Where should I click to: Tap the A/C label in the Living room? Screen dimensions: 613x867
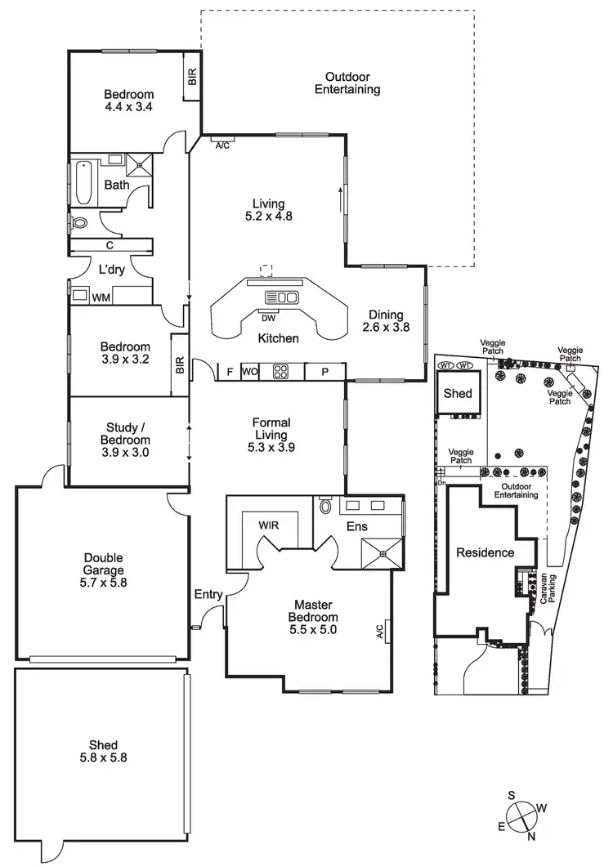tap(222, 145)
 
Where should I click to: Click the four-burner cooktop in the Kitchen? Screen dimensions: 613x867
tap(281, 372)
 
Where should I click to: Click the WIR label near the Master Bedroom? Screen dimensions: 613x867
tap(269, 524)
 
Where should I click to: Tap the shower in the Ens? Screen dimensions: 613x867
tap(381, 554)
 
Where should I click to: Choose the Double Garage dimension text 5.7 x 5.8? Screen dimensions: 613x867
tap(103, 583)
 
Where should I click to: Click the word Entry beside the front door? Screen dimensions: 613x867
tap(208, 594)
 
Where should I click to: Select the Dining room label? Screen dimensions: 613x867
tap(386, 315)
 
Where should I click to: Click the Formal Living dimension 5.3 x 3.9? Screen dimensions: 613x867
tap(271, 447)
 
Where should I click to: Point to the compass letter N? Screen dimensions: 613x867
tap(532, 836)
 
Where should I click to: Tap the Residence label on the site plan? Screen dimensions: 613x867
tap(485, 552)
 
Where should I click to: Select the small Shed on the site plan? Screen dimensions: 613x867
tap(458, 393)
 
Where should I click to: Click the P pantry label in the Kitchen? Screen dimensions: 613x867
tap(325, 372)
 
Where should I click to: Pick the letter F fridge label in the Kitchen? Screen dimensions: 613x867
tap(230, 372)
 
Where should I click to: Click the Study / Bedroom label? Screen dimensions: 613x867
tap(127, 439)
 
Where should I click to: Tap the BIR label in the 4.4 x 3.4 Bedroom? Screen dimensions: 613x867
tap(192, 78)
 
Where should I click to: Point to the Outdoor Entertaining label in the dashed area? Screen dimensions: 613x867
tap(347, 83)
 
